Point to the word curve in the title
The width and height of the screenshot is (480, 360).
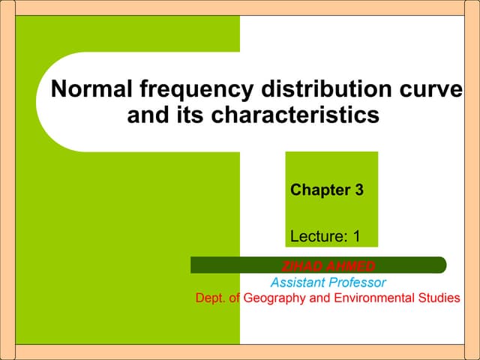point(433,90)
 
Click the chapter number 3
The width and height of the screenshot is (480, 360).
point(358,190)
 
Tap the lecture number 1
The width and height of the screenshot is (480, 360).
point(356,236)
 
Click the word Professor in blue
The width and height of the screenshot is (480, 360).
point(359,283)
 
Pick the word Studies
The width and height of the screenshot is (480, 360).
point(440,298)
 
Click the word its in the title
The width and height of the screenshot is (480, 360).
point(184,116)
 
